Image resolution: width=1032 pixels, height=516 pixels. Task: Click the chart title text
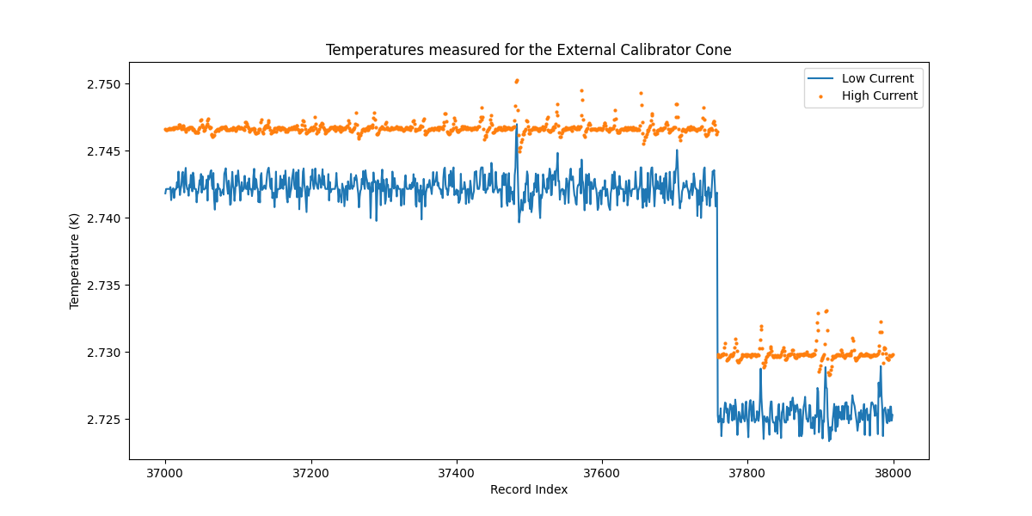[528, 50]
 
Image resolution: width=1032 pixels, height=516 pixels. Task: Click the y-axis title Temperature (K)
[75, 261]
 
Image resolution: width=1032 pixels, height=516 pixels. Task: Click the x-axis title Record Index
[528, 489]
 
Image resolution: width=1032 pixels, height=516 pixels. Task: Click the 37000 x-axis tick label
[165, 472]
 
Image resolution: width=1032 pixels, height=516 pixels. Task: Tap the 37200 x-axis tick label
[310, 472]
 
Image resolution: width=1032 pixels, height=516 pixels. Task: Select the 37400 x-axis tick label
[456, 472]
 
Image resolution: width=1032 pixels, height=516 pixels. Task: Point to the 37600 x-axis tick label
[601, 472]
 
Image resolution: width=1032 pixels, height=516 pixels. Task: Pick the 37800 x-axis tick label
[746, 472]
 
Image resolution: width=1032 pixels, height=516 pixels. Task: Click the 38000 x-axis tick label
[893, 472]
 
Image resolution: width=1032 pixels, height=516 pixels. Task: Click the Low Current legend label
[877, 78]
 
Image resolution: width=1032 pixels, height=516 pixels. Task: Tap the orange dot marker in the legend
[820, 96]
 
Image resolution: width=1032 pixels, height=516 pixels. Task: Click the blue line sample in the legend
[820, 78]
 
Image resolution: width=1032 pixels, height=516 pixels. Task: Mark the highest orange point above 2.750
[517, 80]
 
